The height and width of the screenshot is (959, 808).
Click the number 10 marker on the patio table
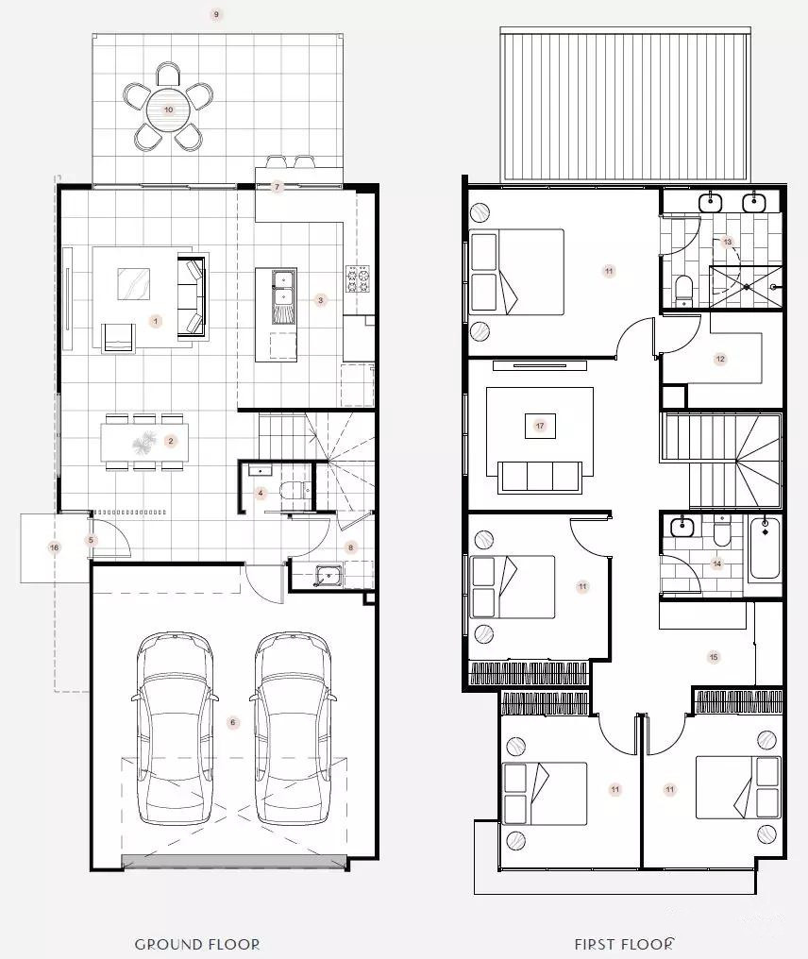tap(168, 110)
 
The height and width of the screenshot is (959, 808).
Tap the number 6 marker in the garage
tap(232, 722)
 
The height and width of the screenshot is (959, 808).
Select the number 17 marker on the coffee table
tap(540, 426)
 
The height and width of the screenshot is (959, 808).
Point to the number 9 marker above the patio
tap(215, 14)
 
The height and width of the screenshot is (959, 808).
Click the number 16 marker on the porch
tap(55, 547)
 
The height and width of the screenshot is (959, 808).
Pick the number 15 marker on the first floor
tap(714, 657)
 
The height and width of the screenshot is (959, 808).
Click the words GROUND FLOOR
tap(197, 945)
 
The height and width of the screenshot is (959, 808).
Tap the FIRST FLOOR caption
tap(624, 944)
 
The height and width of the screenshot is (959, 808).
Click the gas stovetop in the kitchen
tap(358, 278)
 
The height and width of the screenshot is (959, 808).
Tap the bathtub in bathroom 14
tap(765, 548)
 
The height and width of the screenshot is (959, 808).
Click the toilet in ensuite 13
tap(683, 291)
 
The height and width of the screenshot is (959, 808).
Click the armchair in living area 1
tap(119, 337)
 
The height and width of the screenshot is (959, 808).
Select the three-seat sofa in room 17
tap(540, 477)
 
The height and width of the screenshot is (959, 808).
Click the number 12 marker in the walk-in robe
tap(720, 359)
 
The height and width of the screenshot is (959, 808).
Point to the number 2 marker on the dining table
tap(171, 441)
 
